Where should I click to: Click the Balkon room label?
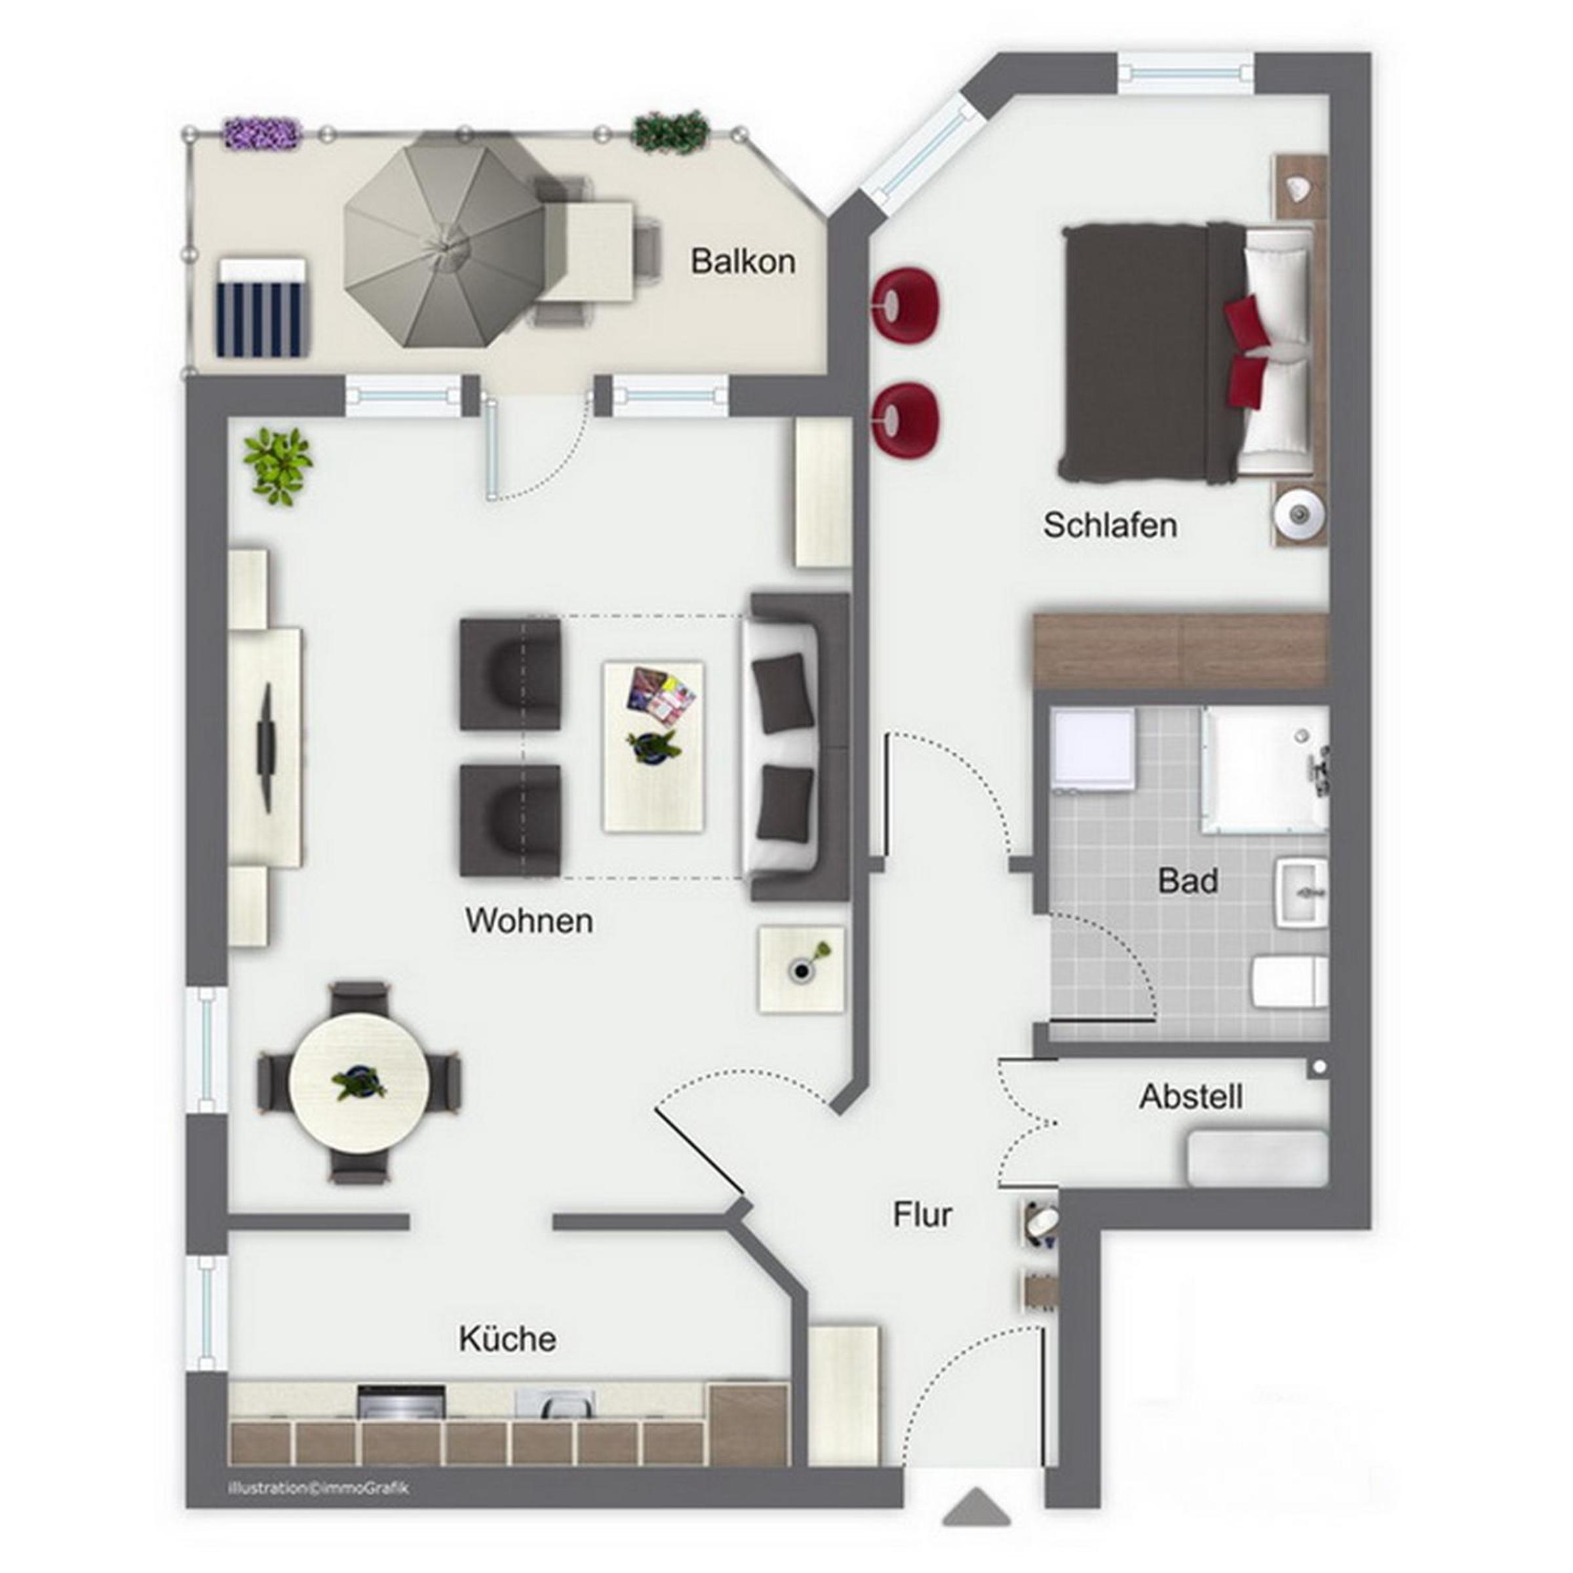click(743, 262)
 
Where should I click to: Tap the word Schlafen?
click(1110, 525)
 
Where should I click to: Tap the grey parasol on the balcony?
click(444, 240)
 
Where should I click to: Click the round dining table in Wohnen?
click(360, 1082)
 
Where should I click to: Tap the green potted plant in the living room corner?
click(279, 467)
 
